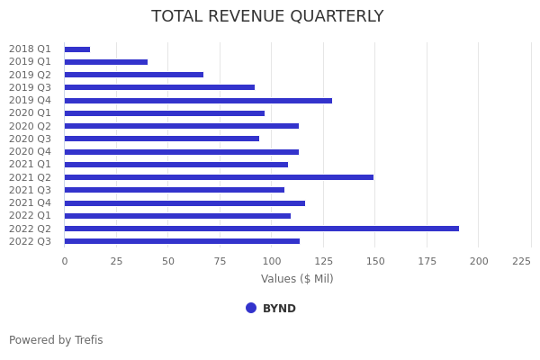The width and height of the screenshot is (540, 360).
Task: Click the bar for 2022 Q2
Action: coord(261,229)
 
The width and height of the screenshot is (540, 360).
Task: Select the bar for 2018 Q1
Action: coord(77,49)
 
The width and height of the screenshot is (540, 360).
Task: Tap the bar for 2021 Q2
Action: coord(219,177)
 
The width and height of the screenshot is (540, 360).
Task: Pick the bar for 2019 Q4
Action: coord(198,101)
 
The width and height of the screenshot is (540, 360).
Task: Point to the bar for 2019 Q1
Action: coord(106,62)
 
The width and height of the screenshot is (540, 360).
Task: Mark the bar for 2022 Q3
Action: coord(182,241)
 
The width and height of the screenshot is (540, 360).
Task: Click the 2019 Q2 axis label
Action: coord(31,75)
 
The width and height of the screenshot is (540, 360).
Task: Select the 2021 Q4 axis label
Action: coord(31,202)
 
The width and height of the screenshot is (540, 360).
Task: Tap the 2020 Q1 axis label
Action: coord(31,113)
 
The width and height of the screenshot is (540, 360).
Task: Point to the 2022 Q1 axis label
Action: coord(31,216)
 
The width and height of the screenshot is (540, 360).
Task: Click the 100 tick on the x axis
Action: coord(272,261)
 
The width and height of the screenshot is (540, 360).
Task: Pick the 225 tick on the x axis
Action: coord(521,261)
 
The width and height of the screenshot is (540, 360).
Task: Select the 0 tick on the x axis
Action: coord(64,261)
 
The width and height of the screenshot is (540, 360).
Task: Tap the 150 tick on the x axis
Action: coord(375,261)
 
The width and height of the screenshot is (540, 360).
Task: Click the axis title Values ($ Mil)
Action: coord(297,279)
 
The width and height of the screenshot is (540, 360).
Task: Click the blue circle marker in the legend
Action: coord(251,308)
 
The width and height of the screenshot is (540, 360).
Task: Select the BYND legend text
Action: coord(279,309)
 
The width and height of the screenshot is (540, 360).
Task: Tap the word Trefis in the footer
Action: coord(88,340)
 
